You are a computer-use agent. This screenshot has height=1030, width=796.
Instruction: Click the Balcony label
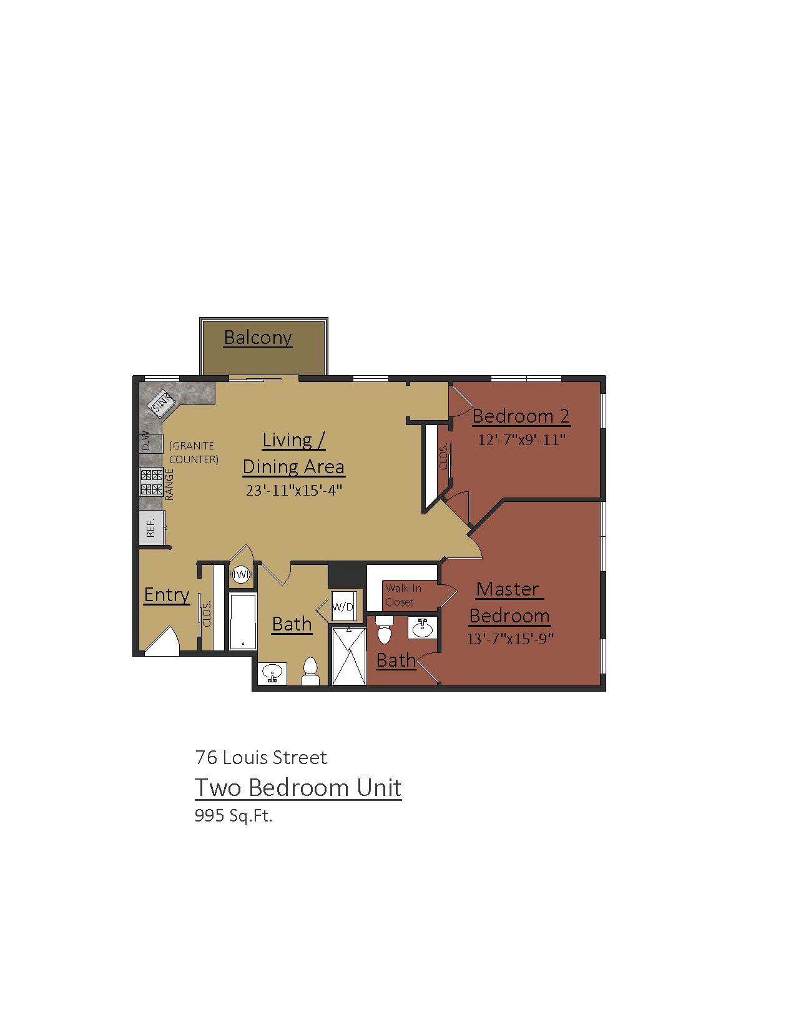257,338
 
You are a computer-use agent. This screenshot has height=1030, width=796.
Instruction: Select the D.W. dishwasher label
146,441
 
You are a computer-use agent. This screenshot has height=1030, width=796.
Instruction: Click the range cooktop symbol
152,482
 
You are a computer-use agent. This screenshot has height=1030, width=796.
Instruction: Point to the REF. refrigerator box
151,527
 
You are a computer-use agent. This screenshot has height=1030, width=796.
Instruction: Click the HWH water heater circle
241,574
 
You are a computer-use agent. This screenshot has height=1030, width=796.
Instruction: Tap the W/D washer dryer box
343,606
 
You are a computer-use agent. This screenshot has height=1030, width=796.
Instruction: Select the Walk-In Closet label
403,595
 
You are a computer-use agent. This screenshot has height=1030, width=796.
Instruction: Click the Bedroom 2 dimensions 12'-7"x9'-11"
521,440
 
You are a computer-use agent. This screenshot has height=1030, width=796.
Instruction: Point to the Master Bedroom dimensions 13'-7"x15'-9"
510,639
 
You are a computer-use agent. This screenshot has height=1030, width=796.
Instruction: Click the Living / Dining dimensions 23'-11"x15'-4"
293,490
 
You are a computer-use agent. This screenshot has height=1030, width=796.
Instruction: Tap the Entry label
167,594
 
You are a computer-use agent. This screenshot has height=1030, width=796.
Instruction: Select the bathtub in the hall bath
243,621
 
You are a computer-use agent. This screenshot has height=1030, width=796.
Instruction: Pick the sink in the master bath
422,629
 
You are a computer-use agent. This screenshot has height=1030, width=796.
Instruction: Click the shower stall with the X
349,656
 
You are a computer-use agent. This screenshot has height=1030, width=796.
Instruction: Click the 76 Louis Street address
261,757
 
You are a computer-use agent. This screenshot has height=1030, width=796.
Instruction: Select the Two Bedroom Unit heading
298,787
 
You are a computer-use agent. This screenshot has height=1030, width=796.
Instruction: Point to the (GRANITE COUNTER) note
194,453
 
